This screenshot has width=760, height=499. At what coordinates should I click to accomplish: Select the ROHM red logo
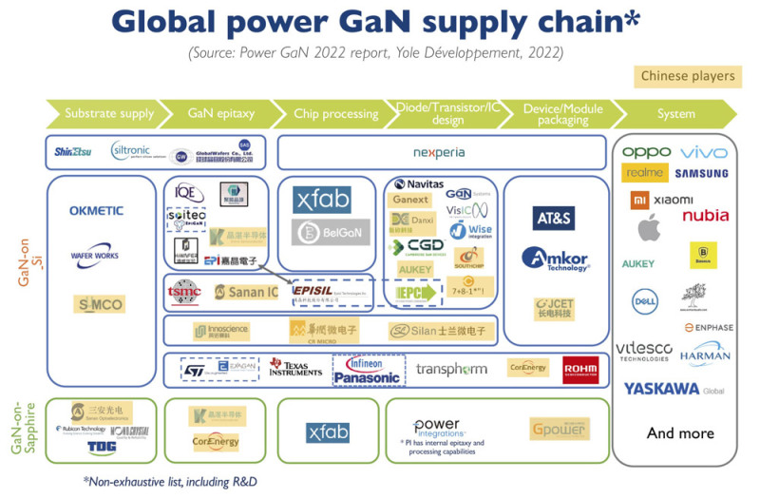click(579, 369)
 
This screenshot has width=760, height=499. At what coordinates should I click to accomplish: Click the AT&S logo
click(554, 218)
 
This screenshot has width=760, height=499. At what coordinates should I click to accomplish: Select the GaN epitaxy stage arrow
click(214, 113)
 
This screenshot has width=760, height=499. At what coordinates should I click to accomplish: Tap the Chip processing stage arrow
click(332, 113)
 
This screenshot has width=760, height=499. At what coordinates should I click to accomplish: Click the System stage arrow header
click(675, 113)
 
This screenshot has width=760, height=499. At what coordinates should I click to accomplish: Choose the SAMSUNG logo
click(702, 174)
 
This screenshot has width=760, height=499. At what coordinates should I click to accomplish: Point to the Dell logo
click(645, 301)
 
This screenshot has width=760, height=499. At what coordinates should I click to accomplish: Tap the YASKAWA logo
click(674, 389)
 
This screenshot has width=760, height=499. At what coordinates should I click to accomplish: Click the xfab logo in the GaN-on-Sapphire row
click(329, 432)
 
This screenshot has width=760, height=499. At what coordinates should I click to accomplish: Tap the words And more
click(680, 433)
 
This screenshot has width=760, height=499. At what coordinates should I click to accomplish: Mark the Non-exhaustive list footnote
click(170, 481)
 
